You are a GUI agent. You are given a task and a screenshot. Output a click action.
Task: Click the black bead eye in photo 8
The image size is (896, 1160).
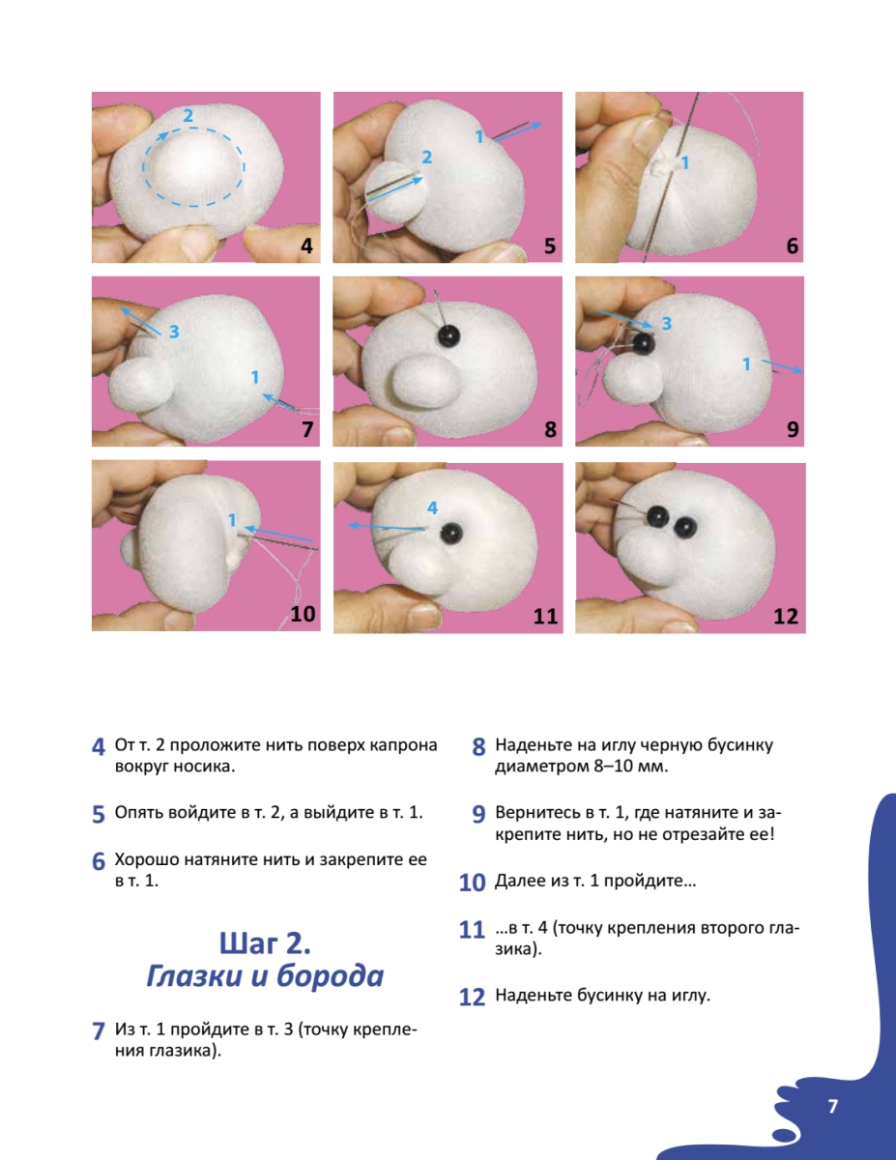[x=448, y=335]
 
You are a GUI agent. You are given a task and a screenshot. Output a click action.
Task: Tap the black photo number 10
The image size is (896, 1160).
[x=303, y=614]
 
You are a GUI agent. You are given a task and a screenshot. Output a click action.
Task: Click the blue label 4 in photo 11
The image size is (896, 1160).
[x=432, y=507]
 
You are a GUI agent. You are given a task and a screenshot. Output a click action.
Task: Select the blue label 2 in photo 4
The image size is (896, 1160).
[x=188, y=115]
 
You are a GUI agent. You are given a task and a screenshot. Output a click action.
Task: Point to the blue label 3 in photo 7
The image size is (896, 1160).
[x=174, y=332]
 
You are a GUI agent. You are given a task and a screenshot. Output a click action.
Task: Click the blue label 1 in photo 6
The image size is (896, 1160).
[x=685, y=162]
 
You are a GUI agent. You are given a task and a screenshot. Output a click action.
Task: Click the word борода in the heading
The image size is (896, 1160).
[x=331, y=975]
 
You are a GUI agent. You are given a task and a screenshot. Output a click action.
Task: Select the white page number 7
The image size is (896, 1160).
[x=832, y=1105]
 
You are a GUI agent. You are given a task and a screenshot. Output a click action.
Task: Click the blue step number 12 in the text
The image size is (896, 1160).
[x=473, y=998]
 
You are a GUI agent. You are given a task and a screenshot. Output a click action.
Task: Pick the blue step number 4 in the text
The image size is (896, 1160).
[x=99, y=747]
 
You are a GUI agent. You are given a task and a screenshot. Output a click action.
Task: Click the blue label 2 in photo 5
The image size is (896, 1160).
[x=426, y=157]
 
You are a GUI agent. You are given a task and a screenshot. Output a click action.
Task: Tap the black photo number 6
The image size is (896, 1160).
[x=792, y=246]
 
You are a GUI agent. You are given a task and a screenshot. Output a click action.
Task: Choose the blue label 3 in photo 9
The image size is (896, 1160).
[x=666, y=323]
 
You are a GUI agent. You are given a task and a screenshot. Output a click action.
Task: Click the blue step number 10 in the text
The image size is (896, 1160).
[x=473, y=883]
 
